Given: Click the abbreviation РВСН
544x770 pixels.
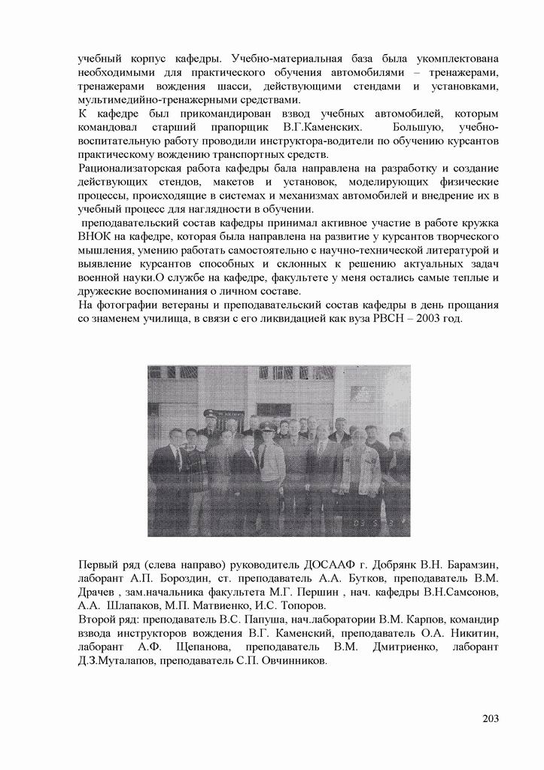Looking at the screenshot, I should pyautogui.click(x=379, y=318).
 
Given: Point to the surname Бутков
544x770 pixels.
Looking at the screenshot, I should pyautogui.click(x=375, y=578).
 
